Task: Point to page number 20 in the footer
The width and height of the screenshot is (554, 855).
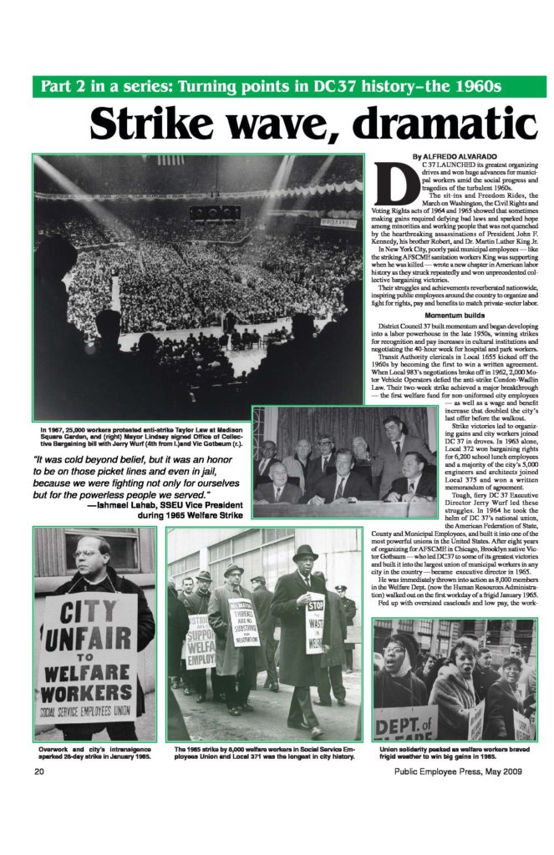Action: click(x=38, y=772)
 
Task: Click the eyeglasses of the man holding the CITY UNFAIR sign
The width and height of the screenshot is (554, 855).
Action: click(x=86, y=553)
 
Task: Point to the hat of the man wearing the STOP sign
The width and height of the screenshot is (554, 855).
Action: click(x=305, y=552)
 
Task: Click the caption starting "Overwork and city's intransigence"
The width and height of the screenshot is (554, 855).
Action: click(x=94, y=753)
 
